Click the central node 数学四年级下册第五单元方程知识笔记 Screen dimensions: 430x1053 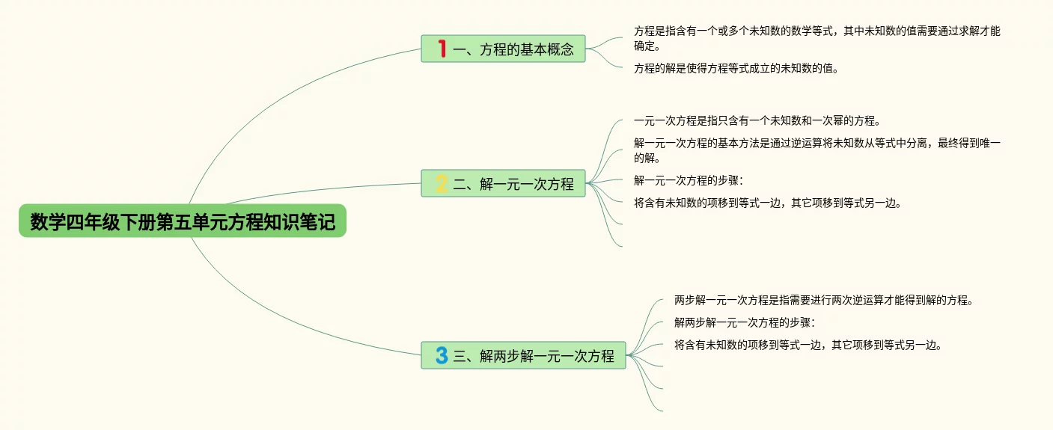[x=183, y=221]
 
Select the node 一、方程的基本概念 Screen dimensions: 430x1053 [x=503, y=49]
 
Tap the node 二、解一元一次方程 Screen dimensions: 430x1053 [x=503, y=184]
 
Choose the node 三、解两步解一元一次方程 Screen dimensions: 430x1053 [x=523, y=355]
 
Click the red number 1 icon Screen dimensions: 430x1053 [x=442, y=49]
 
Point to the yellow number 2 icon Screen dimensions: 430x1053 [x=442, y=184]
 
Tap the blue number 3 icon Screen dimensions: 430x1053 [x=442, y=355]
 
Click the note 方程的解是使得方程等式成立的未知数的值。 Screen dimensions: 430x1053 [x=736, y=69]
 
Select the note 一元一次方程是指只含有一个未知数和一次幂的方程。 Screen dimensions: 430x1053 [x=757, y=121]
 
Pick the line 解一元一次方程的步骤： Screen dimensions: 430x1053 [x=689, y=180]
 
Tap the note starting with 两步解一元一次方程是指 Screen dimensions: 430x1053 [x=823, y=301]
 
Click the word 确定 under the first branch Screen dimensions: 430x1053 [x=647, y=46]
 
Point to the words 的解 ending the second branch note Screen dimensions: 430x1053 [x=647, y=159]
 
